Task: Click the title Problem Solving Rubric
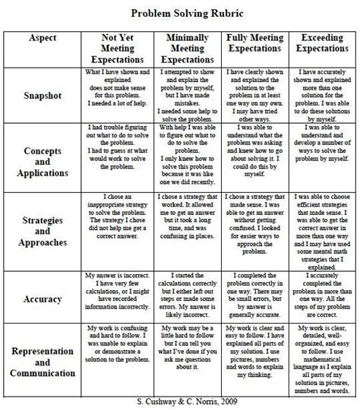point(179,14)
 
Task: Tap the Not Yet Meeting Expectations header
point(118,49)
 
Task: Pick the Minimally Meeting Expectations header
point(188,49)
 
